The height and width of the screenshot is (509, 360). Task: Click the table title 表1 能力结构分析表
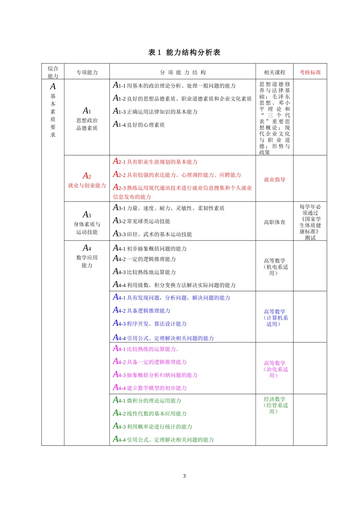(184, 52)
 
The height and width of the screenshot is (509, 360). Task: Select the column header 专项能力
(87, 72)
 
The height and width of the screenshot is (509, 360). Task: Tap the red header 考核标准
(310, 72)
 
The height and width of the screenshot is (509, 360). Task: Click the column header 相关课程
(274, 72)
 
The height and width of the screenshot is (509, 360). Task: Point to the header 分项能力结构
(183, 72)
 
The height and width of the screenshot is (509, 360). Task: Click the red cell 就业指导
(274, 180)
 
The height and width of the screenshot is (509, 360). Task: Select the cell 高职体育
(274, 222)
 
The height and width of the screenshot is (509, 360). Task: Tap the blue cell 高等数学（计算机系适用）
(275, 318)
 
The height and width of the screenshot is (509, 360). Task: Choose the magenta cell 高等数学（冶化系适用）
(275, 369)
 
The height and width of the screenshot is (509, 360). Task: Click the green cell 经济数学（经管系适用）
(275, 405)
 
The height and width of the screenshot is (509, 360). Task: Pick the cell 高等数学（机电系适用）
(275, 267)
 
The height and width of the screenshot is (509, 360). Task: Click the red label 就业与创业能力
(87, 185)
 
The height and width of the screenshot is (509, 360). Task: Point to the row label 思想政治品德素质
(87, 124)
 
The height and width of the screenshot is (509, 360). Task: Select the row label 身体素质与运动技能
(87, 228)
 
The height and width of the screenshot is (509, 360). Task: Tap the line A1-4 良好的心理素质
(139, 125)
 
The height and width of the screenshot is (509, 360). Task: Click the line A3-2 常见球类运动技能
(142, 221)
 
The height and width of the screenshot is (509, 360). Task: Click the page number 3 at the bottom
(184, 476)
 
